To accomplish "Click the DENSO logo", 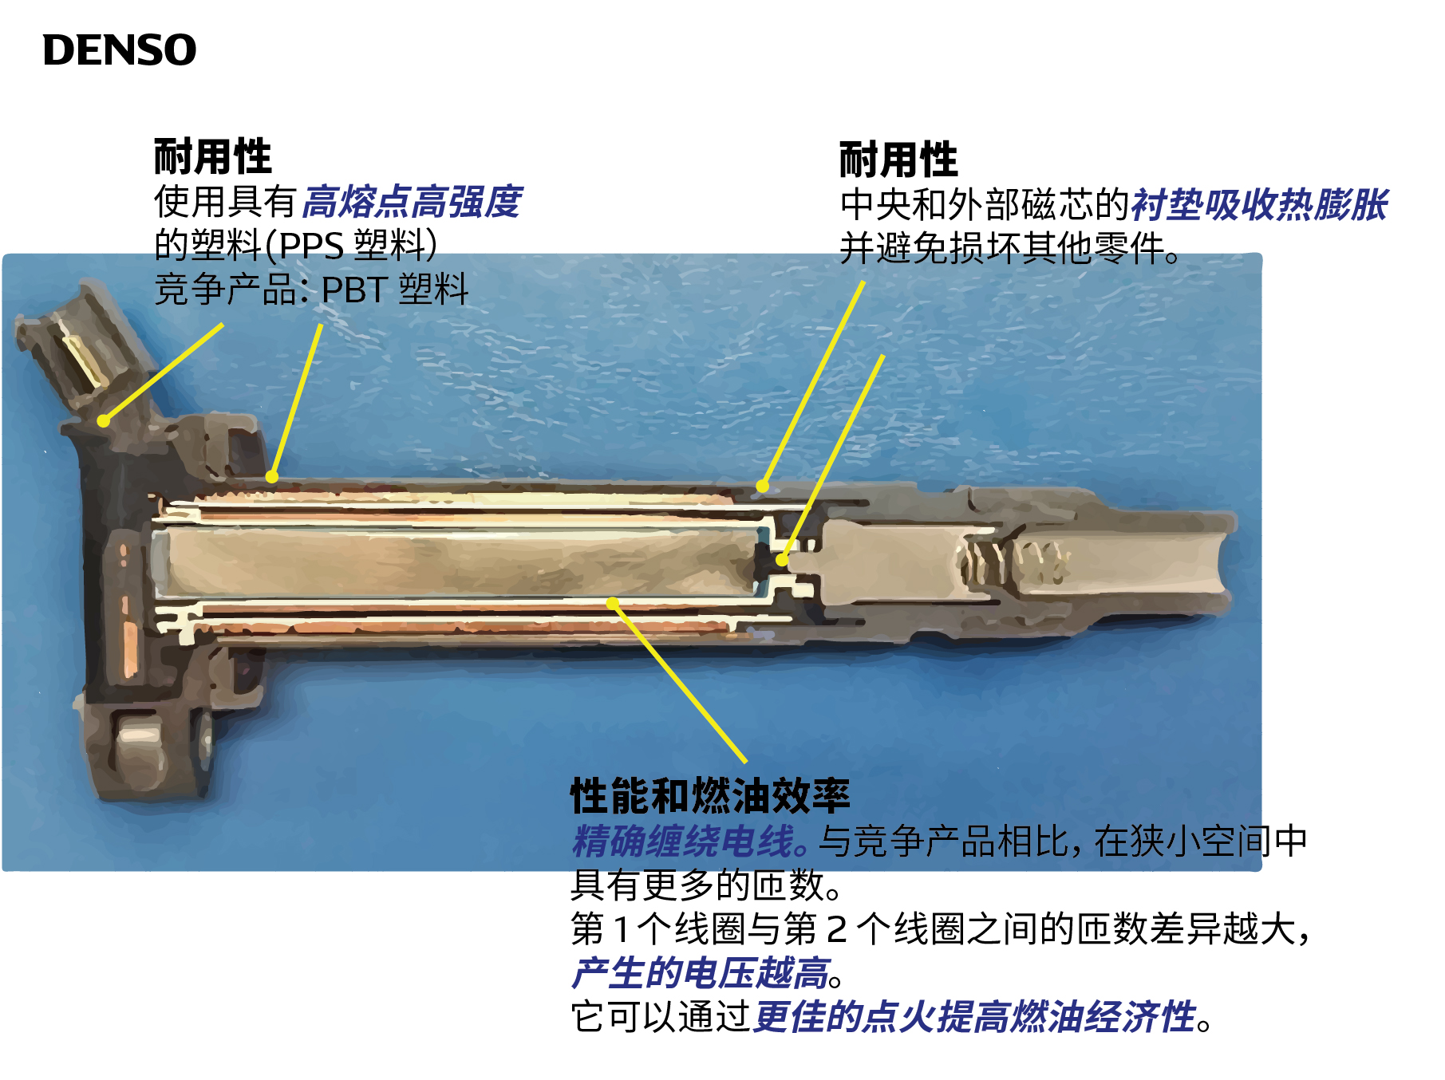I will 119,50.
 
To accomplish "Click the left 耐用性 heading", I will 212,156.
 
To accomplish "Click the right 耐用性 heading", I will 898,160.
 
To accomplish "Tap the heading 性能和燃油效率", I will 709,795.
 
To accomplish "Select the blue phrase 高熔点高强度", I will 413,202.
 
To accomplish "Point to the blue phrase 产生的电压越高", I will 701,973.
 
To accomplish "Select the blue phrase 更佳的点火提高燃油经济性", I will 974,1017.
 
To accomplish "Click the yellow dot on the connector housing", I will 104,420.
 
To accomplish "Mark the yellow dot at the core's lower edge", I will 613,603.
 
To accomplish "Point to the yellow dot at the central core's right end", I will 782,560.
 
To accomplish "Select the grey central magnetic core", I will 455,562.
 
